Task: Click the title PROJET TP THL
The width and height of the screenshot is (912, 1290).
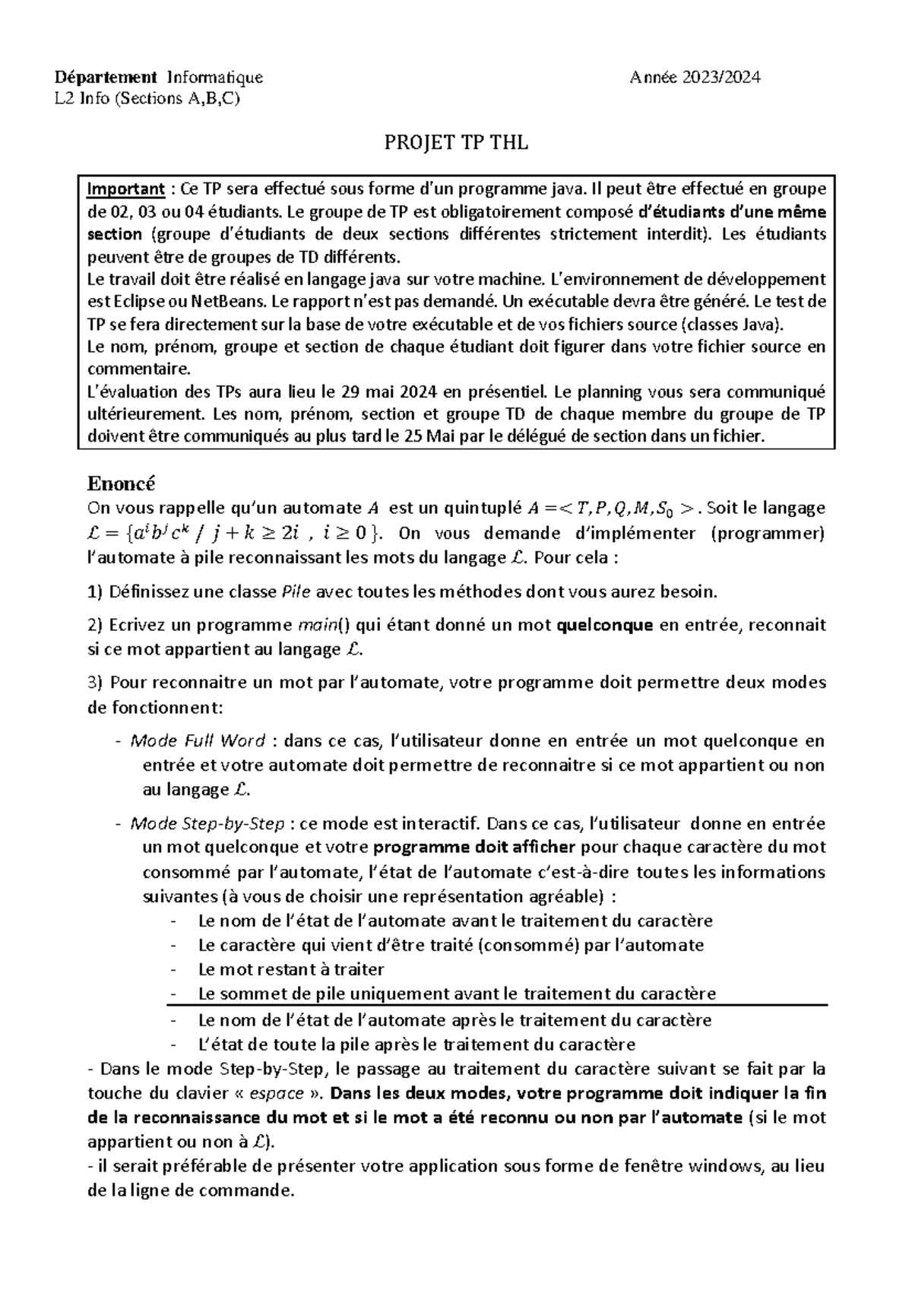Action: point(456,143)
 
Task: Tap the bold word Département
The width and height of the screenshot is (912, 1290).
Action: point(106,77)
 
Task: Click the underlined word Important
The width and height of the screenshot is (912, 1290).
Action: point(126,189)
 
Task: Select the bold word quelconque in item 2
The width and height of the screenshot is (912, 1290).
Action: point(605,626)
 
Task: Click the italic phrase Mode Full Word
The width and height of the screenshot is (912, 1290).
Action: point(198,740)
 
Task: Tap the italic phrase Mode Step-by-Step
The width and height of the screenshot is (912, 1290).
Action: point(207,823)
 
